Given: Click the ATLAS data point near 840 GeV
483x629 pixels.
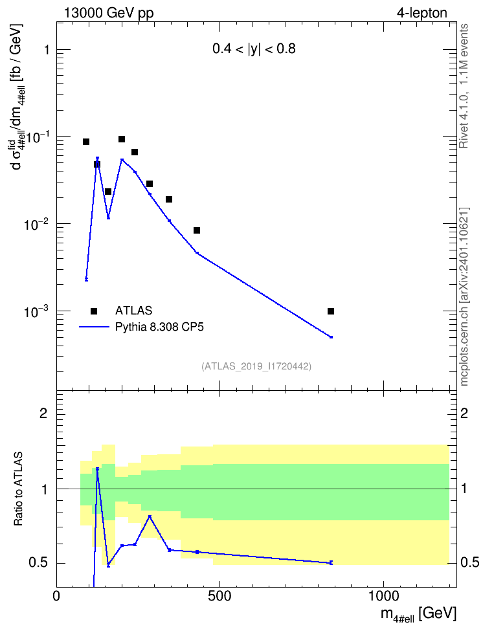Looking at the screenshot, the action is click(x=330, y=311).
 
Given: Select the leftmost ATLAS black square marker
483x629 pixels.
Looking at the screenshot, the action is click(x=86, y=142).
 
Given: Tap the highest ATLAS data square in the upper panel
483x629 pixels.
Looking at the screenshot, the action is click(x=122, y=139).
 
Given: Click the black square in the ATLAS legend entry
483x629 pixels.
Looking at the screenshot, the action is click(x=94, y=311).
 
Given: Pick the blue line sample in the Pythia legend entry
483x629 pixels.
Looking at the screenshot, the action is click(x=94, y=327).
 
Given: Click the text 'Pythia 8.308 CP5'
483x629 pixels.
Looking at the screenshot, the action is click(x=159, y=327).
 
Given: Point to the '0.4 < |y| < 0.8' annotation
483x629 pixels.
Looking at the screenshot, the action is click(x=254, y=49).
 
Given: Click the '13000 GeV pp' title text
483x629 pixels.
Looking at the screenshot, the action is click(x=108, y=13).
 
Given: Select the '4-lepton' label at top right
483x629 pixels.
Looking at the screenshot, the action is click(x=422, y=13).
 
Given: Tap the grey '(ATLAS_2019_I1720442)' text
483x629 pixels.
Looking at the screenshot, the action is click(x=256, y=366).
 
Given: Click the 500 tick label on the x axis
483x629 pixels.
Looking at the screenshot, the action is click(x=219, y=596).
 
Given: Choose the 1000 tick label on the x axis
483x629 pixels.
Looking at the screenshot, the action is click(x=383, y=596).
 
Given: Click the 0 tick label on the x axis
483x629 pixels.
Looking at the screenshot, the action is click(x=56, y=596).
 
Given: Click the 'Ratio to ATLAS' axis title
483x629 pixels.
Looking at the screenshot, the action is click(x=18, y=489).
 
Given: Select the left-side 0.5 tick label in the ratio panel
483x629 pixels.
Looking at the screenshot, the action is click(x=39, y=563).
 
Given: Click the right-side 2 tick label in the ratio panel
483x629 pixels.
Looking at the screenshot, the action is click(x=464, y=413).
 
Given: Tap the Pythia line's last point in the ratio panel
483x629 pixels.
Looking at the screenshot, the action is click(x=331, y=563).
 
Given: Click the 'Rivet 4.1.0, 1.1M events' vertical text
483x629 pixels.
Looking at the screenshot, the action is click(x=464, y=86).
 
